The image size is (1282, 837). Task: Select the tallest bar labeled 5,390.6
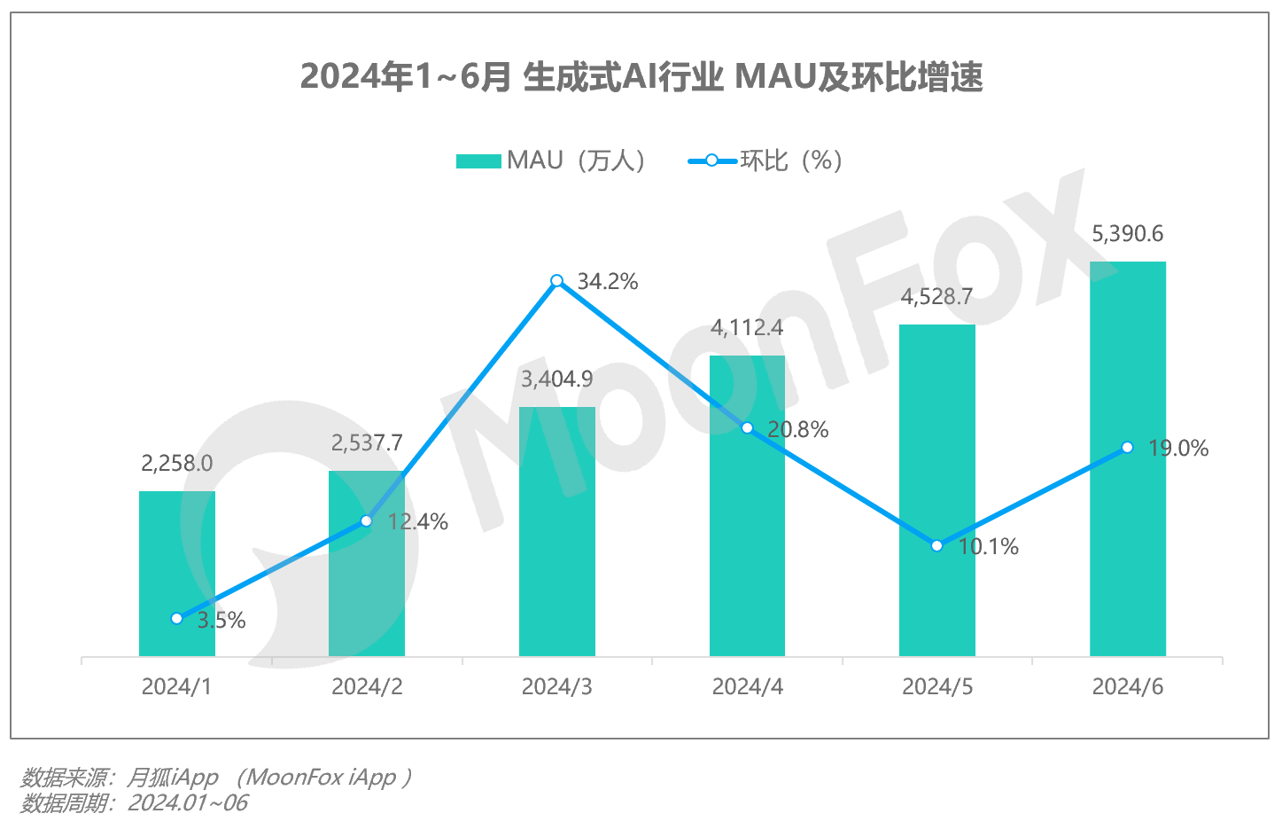pyautogui.click(x=1127, y=461)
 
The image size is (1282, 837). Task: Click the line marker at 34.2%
pyautogui.click(x=556, y=281)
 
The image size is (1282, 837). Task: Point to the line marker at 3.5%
pyautogui.click(x=176, y=618)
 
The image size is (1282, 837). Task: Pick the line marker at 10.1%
pyautogui.click(x=936, y=545)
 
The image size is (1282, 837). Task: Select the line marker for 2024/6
pyautogui.click(x=1127, y=448)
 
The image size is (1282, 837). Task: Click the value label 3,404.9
pyautogui.click(x=556, y=379)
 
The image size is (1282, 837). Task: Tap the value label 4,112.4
pyautogui.click(x=747, y=328)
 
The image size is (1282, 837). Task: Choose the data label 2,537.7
pyautogui.click(x=367, y=442)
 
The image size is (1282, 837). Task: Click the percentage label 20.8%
pyautogui.click(x=797, y=430)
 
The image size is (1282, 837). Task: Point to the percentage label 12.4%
pyautogui.click(x=417, y=522)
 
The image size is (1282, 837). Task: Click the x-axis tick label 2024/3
pyautogui.click(x=556, y=687)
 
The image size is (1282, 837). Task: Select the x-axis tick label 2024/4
pyautogui.click(x=747, y=687)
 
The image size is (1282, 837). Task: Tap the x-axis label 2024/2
pyautogui.click(x=367, y=687)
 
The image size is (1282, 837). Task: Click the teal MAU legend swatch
pyautogui.click(x=478, y=161)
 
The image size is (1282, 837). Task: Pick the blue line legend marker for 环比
pyautogui.click(x=711, y=161)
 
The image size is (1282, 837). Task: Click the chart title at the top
pyautogui.click(x=641, y=77)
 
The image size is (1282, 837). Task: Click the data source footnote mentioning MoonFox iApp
pyautogui.click(x=216, y=778)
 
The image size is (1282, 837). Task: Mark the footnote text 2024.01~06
pyautogui.click(x=188, y=803)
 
